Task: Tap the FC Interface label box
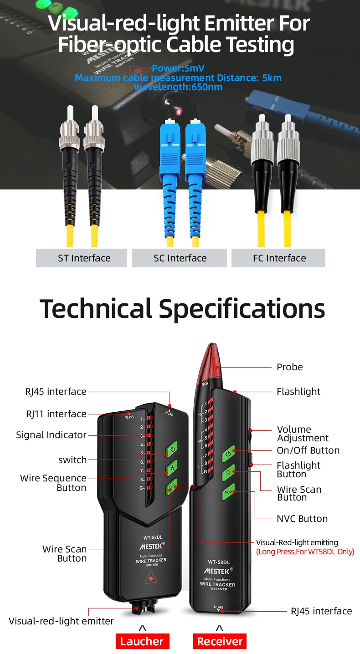[278, 258]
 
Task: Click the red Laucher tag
[142, 641]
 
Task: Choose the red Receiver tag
[220, 641]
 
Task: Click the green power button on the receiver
[228, 454]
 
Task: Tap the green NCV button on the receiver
[228, 492]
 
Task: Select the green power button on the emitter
[171, 448]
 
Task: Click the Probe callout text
[289, 367]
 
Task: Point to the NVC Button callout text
[302, 519]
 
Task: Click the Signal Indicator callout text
[51, 435]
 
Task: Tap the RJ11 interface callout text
[56, 414]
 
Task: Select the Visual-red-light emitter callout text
[61, 621]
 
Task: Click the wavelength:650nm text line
[178, 87]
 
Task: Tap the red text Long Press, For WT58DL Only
[305, 552]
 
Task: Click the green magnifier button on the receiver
[228, 473]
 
